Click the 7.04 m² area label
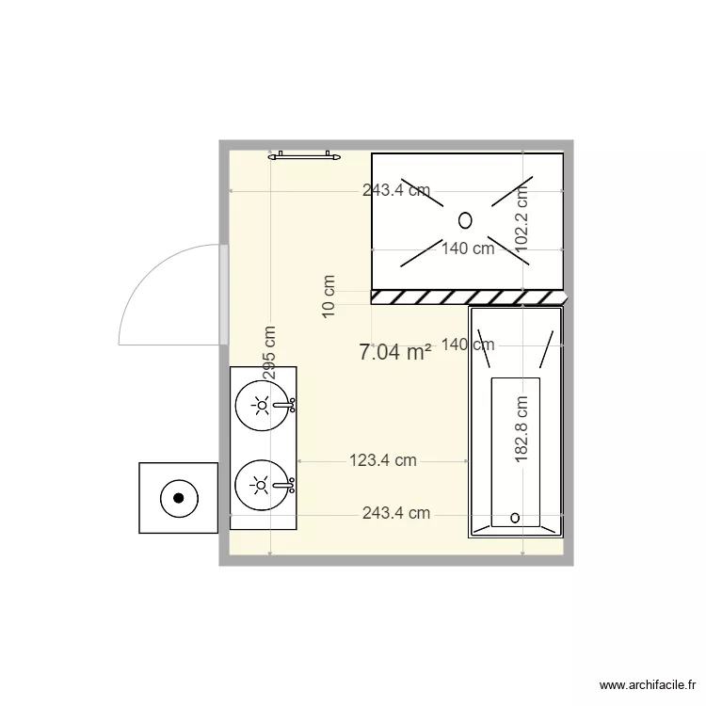coord(395,353)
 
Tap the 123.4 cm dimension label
coord(382,460)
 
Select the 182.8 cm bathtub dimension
coord(521,428)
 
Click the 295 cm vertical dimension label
coord(269,353)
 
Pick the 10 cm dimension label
coord(329,297)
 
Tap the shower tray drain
coord(465,220)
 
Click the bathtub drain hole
coord(515,517)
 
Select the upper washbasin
coord(262,406)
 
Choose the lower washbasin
coord(262,486)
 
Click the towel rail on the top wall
coord(303,155)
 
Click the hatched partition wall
coord(468,297)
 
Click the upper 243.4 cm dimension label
coord(396,190)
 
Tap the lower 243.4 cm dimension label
coord(396,513)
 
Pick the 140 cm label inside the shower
coord(468,249)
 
